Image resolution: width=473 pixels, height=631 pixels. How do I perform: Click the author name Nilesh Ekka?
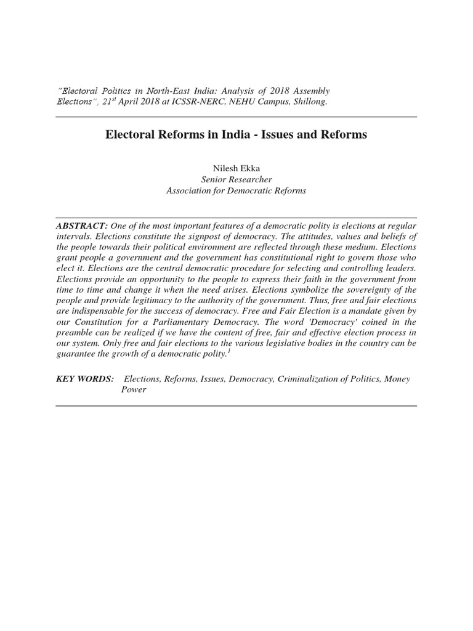coord(236,167)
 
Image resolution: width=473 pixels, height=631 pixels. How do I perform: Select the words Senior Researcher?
coord(236,179)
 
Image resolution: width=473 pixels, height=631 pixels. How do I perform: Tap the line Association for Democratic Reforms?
coord(236,190)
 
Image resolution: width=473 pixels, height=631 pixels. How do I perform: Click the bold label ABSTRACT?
coord(82,226)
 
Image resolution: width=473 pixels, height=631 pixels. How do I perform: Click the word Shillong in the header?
coord(310,101)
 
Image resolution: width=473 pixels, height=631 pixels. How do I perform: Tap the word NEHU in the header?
coord(241,101)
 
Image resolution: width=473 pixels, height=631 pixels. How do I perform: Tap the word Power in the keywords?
coord(134,390)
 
